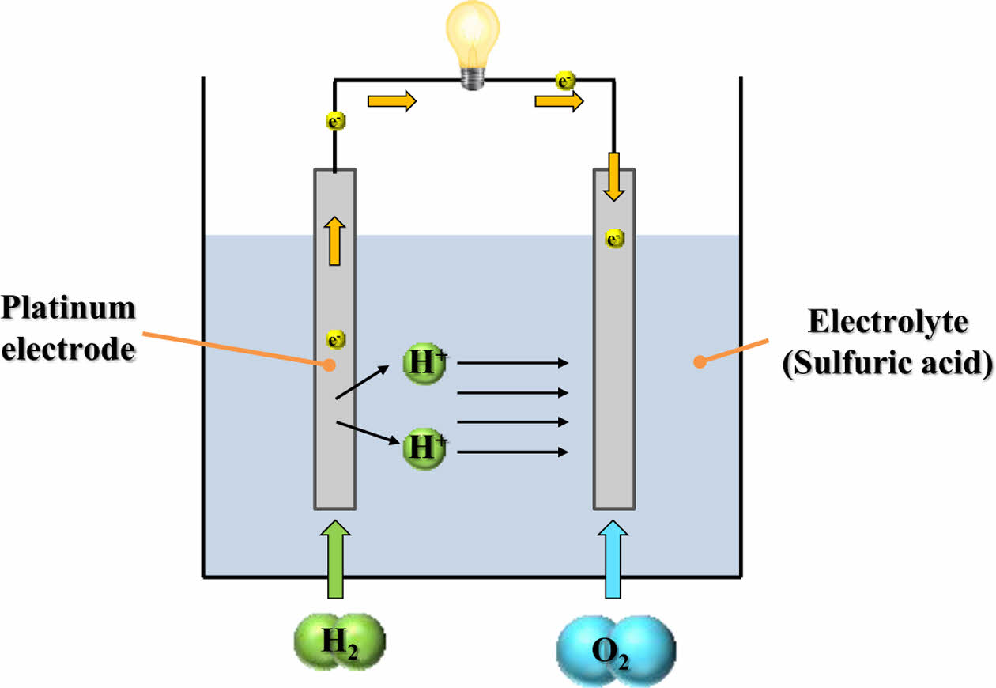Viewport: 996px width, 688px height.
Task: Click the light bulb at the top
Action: tap(473, 40)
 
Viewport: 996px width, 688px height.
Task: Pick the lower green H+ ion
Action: tap(425, 448)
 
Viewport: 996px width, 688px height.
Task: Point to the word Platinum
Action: tap(68, 308)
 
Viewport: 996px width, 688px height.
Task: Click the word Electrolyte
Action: tap(888, 323)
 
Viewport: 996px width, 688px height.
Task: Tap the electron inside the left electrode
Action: tap(335, 340)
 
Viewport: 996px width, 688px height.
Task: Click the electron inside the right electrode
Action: tap(614, 237)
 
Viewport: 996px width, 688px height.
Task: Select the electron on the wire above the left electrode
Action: tap(335, 122)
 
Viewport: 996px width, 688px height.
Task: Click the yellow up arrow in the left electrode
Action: tap(335, 241)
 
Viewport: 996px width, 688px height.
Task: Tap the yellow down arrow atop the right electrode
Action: tap(614, 177)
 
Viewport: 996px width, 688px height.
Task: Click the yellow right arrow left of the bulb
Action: tap(391, 101)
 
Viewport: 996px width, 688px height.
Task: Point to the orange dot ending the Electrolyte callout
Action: tap(697, 362)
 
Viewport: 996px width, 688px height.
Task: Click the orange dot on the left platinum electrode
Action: tap(327, 365)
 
